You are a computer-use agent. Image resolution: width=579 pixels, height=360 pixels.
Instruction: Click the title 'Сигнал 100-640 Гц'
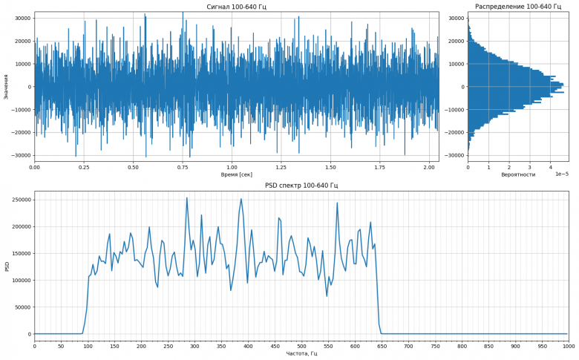click(x=236, y=7)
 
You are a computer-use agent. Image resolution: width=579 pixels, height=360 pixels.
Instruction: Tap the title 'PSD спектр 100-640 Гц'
click(x=301, y=185)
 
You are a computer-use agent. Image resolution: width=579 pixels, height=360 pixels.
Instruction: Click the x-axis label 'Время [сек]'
click(x=236, y=175)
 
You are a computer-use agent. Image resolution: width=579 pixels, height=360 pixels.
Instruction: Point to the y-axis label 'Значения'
click(x=5, y=87)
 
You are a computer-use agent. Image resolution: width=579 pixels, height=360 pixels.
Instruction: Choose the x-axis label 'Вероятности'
click(x=517, y=175)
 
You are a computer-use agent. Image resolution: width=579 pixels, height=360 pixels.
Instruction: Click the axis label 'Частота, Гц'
click(x=301, y=353)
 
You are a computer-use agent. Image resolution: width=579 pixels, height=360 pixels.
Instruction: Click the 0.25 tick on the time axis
click(x=84, y=168)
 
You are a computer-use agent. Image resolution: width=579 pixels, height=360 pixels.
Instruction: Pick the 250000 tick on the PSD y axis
click(x=19, y=200)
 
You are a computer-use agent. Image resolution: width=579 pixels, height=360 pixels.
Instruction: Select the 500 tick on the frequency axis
click(x=301, y=346)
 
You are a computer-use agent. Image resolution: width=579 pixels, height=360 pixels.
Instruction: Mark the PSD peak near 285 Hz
click(x=187, y=197)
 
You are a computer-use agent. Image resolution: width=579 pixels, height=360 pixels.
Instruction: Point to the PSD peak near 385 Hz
click(x=241, y=199)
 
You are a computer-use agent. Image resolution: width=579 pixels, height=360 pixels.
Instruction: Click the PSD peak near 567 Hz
click(x=337, y=203)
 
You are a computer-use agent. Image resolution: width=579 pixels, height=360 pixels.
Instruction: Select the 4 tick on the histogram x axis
click(x=551, y=168)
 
